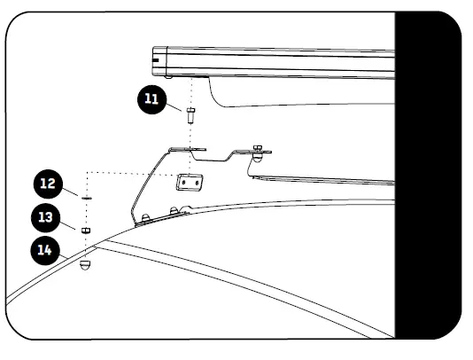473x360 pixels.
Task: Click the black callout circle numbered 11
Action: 151,98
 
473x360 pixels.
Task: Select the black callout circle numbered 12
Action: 49,184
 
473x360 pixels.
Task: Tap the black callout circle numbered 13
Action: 44,216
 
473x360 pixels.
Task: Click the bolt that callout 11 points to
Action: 190,113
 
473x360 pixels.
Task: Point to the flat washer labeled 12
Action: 86,199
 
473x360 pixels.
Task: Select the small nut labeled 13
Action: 86,230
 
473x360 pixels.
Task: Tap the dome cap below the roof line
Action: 86,264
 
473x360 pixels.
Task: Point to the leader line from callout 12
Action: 71,192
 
